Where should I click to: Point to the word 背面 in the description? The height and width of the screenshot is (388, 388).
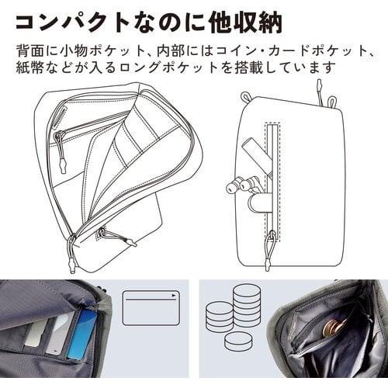[x=29, y=50]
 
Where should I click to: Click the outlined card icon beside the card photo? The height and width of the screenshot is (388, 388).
[x=151, y=308]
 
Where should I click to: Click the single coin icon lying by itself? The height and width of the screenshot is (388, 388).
[x=238, y=341]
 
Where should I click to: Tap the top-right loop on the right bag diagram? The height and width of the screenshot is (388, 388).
[x=331, y=101]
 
